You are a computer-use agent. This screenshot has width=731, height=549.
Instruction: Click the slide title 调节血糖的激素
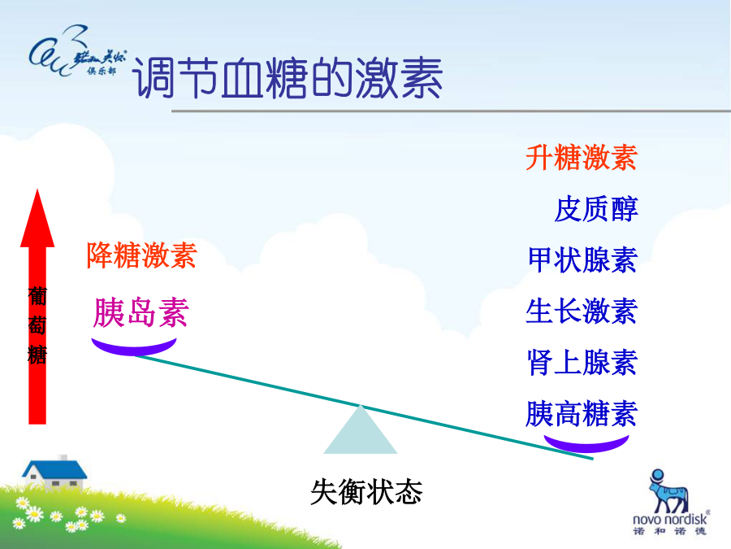click(x=288, y=78)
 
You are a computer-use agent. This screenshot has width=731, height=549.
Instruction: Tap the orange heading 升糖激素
click(x=582, y=157)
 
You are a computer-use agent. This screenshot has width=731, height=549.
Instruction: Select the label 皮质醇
click(x=596, y=209)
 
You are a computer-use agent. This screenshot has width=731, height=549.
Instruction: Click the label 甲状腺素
click(x=582, y=260)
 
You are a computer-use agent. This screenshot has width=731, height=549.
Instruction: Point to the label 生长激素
click(x=582, y=312)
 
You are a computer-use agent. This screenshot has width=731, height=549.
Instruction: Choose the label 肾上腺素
click(x=582, y=363)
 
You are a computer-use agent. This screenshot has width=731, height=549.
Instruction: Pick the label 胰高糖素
click(x=582, y=414)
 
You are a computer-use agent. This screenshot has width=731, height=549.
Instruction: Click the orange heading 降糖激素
click(x=141, y=255)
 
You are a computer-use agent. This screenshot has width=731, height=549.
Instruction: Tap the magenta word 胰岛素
click(x=141, y=312)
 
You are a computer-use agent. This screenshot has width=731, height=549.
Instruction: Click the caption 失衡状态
click(x=366, y=492)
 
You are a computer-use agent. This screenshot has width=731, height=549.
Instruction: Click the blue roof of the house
click(x=55, y=469)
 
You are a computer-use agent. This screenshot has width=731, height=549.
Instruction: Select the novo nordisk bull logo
click(x=668, y=490)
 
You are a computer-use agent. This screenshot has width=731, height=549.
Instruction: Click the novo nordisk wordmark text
click(x=670, y=519)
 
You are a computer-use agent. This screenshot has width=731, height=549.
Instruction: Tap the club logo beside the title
click(x=77, y=51)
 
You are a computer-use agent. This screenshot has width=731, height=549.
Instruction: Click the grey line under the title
click(x=451, y=111)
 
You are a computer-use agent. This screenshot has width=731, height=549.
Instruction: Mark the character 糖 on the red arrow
click(x=37, y=355)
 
